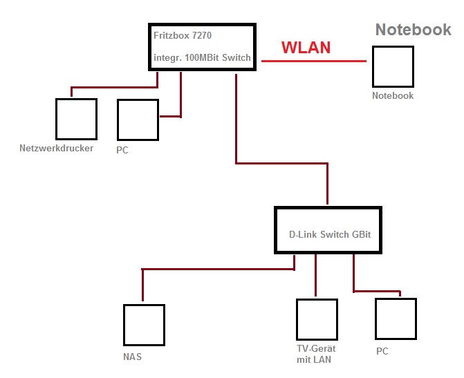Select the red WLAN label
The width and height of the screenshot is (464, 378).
[306, 48]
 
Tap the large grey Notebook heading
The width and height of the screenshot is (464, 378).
[413, 30]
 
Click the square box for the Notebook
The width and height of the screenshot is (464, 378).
[393, 67]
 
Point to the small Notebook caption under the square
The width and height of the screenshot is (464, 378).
[393, 95]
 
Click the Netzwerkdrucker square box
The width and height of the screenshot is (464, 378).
[75, 119]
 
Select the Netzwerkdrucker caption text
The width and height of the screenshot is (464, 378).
[56, 148]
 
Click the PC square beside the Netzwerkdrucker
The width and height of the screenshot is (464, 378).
[138, 120]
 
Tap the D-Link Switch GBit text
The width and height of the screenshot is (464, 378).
[330, 234]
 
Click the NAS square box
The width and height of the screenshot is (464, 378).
[144, 325]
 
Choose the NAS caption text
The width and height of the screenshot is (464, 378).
[132, 357]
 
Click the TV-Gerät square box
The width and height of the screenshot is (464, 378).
[317, 319]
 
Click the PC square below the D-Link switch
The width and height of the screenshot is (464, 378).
[396, 319]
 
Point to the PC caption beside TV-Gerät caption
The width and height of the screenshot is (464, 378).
[382, 351]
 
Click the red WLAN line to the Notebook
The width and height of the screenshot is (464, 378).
[313, 61]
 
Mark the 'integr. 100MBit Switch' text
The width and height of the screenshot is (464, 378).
[202, 57]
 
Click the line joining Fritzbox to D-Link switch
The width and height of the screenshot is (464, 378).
[281, 164]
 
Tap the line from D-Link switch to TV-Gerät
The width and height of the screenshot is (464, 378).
[315, 275]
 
